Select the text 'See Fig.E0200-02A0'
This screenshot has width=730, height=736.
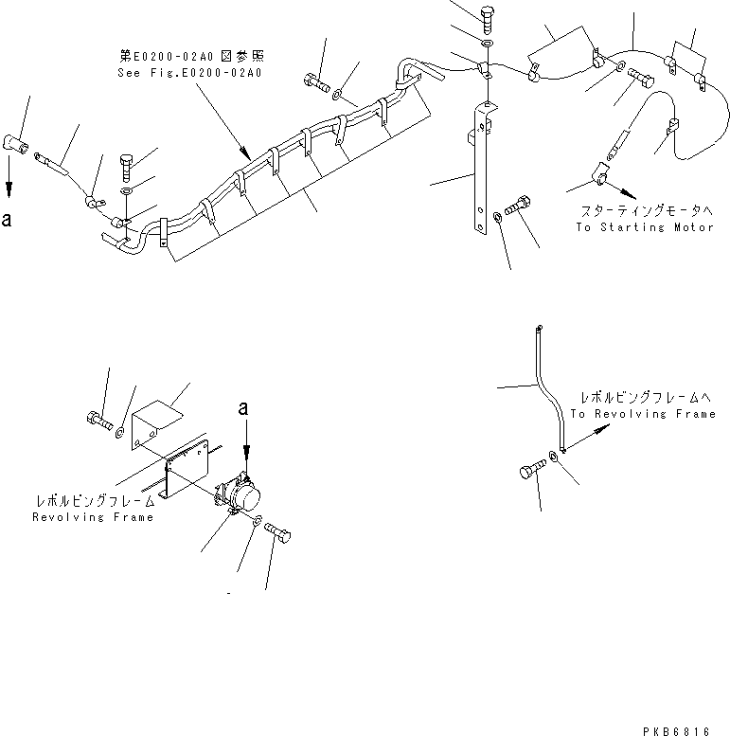[189, 71]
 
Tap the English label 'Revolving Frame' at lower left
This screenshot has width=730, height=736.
[92, 517]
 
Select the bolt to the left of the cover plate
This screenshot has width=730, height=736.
[97, 421]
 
